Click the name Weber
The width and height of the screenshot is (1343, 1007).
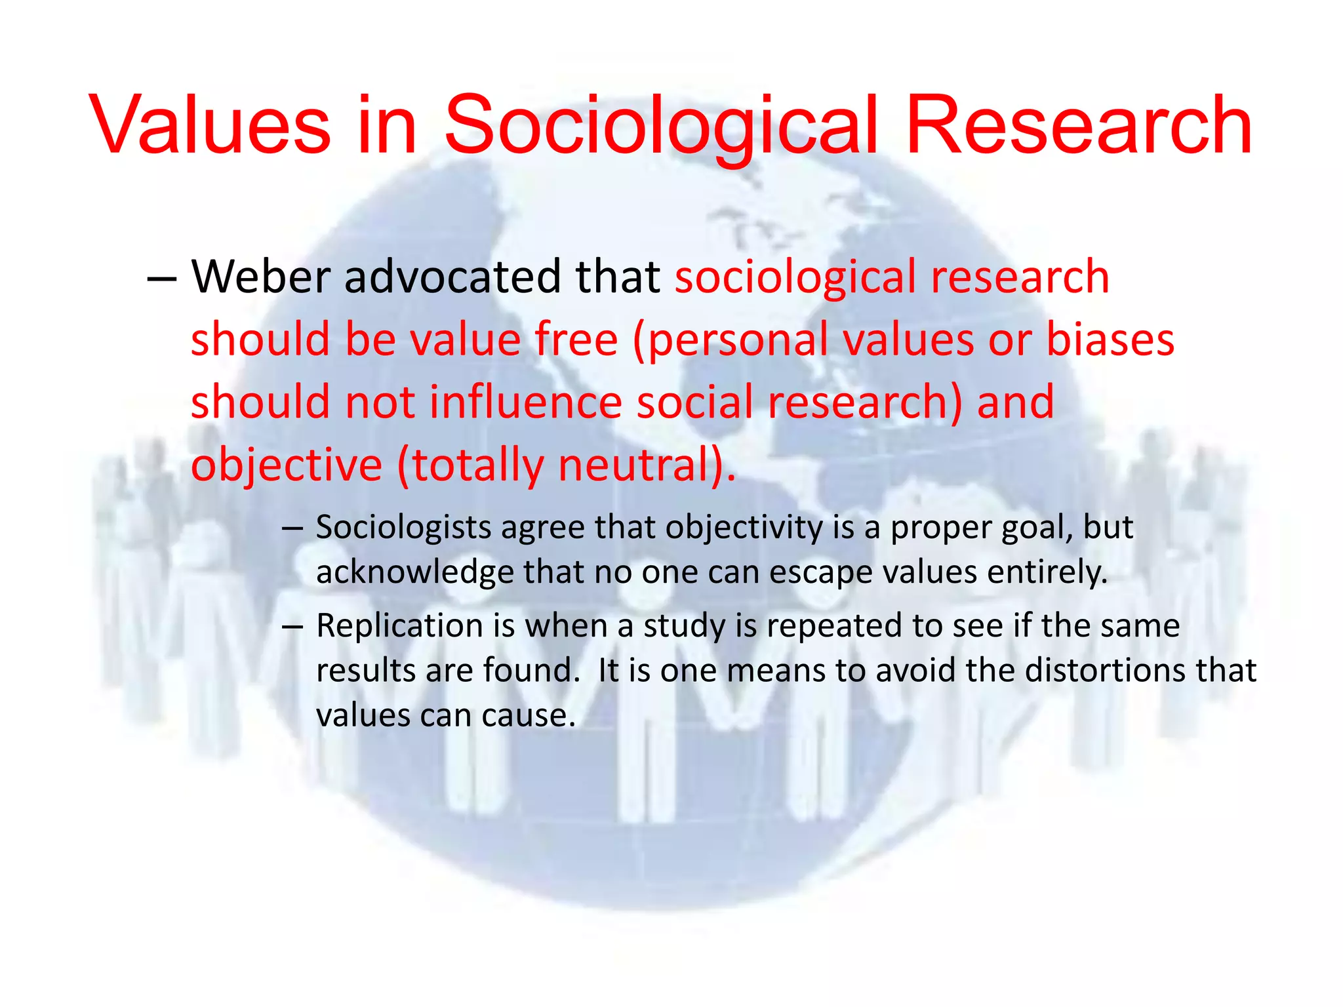pyautogui.click(x=260, y=276)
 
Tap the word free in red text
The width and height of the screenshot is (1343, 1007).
pyautogui.click(x=576, y=339)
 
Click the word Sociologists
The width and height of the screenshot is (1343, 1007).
pyautogui.click(x=403, y=527)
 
